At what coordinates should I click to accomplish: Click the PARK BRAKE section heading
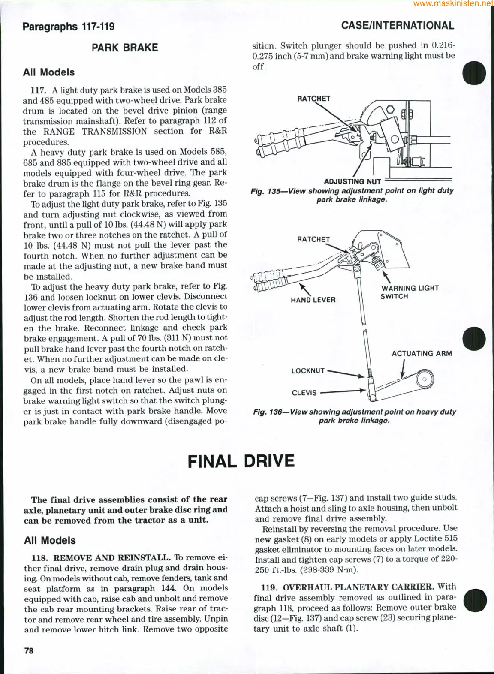(125, 48)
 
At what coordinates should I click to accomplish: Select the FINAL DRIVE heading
(241, 461)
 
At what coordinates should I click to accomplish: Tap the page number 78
(29, 651)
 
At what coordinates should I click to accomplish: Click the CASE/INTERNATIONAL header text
(398, 26)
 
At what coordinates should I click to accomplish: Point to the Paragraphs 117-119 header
(69, 27)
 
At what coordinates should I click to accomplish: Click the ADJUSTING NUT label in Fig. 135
(352, 181)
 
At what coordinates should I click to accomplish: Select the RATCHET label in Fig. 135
(314, 99)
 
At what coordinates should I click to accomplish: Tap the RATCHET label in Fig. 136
(313, 239)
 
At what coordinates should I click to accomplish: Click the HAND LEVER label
(313, 300)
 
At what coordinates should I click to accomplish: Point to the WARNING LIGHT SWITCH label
(410, 292)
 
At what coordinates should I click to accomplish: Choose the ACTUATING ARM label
(422, 354)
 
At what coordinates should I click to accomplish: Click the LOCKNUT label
(308, 370)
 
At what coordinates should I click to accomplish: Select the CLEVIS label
(304, 393)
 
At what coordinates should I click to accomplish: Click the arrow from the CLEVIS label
(343, 391)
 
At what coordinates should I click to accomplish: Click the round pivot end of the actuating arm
(424, 379)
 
